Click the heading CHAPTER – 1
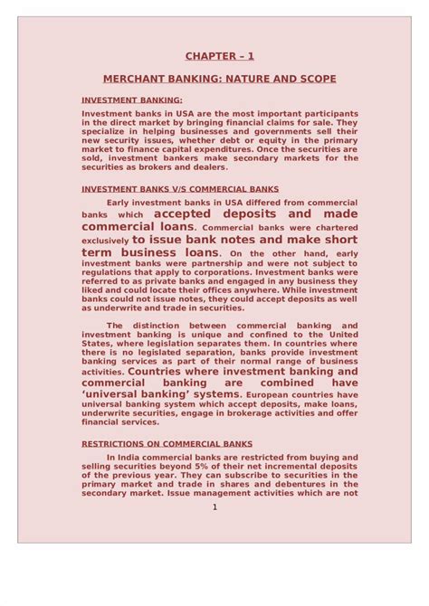220,56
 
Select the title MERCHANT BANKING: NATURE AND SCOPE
220,80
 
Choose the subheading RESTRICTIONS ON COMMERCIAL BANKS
167,444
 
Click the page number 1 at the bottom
214,507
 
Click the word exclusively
107,242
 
